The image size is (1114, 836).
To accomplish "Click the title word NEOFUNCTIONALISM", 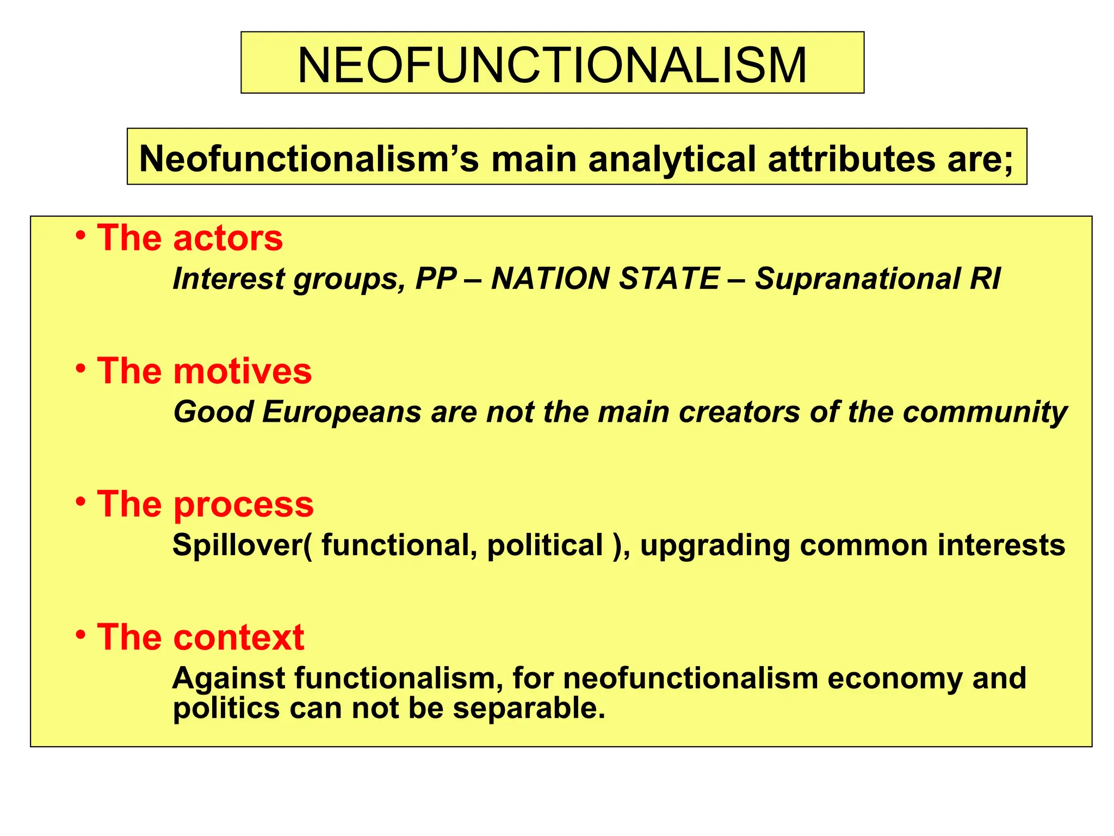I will [x=552, y=65].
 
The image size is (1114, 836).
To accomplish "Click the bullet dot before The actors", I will [x=81, y=236].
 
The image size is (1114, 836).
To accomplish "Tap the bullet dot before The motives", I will [x=81, y=368].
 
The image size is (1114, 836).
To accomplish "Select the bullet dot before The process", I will [x=81, y=501].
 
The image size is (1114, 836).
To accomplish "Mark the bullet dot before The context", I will [x=81, y=634].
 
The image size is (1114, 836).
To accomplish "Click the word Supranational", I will [x=857, y=279].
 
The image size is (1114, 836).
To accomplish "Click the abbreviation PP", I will [x=436, y=279].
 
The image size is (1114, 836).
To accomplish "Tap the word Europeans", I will [x=342, y=412].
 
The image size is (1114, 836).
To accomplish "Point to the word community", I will [x=985, y=412].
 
